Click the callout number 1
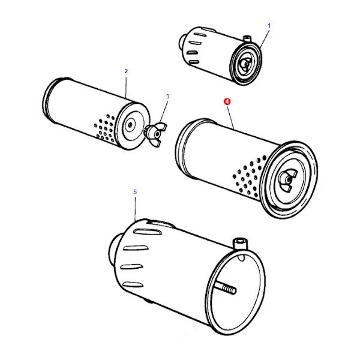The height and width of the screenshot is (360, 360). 269,26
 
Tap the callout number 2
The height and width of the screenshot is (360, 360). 126,71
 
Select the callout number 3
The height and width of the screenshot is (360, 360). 168,97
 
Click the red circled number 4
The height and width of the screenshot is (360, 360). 227,101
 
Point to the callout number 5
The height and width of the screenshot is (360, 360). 135,192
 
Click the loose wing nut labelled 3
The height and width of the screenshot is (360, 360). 155,134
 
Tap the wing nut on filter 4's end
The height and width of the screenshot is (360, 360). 287,180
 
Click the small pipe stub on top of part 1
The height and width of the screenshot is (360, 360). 247,38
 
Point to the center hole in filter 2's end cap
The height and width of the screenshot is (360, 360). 130,125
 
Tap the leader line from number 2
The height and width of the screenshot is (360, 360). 126,87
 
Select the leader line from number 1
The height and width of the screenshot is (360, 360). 265,38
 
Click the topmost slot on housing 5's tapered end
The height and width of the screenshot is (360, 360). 148,232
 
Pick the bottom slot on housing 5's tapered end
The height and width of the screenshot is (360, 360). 133,284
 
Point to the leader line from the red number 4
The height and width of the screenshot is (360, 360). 231,118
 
